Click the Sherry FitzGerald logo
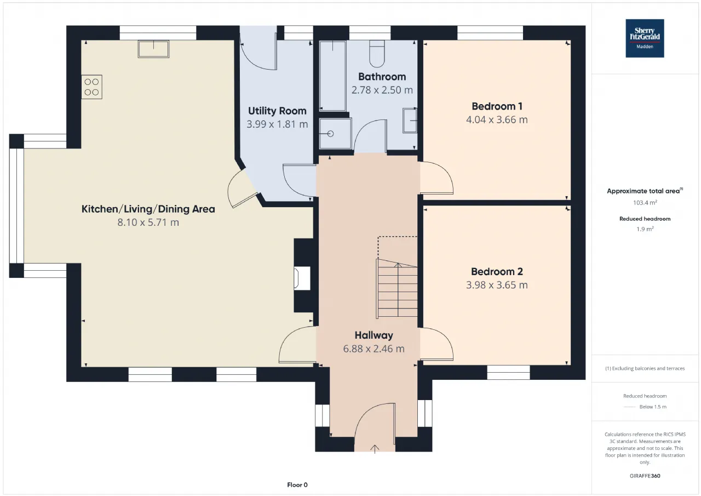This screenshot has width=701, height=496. coord(645,38)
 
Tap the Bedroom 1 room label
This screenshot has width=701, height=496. coord(497,106)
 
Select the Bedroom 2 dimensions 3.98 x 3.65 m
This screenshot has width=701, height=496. coord(497,285)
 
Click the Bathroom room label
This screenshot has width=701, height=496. coord(382,77)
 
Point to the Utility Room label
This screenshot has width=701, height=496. coord(277,111)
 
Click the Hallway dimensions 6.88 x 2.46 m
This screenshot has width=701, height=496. coord(374,349)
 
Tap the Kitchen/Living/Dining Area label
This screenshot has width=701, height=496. coord(148,209)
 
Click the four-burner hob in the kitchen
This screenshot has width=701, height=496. coord(91,87)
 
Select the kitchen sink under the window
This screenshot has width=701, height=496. coord(154,49)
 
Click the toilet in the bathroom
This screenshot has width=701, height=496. coord(377,54)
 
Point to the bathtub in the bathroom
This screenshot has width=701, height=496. coord(332,76)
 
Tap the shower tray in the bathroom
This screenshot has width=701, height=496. coord(335,134)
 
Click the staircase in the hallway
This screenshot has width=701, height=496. coord(397,288)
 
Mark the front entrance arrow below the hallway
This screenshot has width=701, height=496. coord(375,449)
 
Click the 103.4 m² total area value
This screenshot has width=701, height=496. coord(645,203)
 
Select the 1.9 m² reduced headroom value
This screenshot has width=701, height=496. coord(645,229)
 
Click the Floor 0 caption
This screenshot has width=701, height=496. coord(297,484)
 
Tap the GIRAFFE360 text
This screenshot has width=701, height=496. coord(645,476)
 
